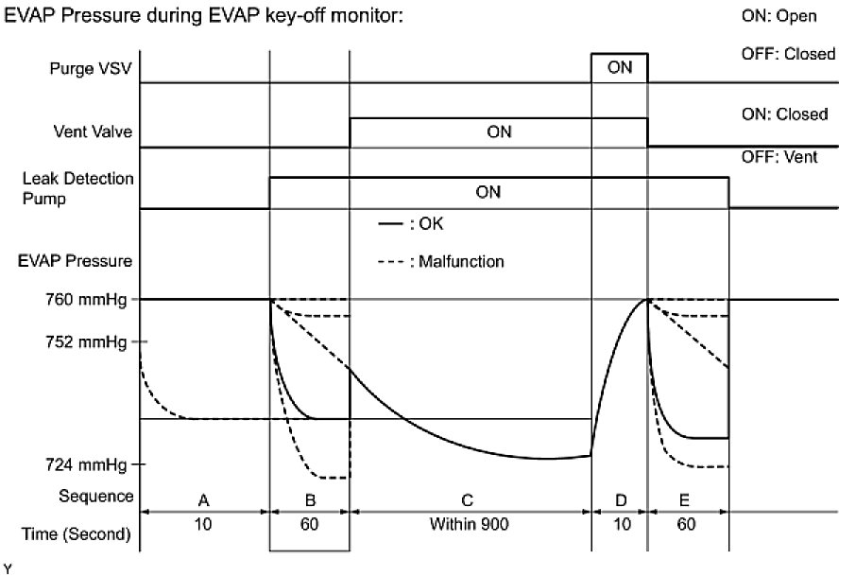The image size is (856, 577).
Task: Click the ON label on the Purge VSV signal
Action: point(620,68)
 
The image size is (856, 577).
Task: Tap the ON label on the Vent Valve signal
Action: point(499,132)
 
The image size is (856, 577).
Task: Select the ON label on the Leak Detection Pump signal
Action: point(488,192)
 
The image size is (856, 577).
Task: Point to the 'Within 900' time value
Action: point(470,525)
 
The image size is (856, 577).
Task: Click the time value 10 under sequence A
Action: point(204,525)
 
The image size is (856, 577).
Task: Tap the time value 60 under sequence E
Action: point(688,525)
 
